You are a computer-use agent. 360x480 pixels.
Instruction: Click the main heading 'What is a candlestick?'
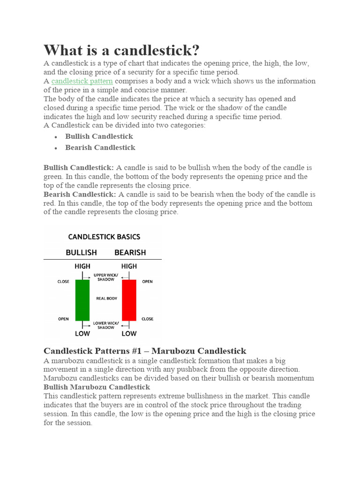121,50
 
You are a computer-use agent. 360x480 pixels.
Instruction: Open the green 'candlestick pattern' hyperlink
82,81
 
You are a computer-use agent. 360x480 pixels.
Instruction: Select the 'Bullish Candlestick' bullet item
99,136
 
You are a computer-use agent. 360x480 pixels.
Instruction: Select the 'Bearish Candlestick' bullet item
100,148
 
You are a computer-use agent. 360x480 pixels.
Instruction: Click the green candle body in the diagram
82,300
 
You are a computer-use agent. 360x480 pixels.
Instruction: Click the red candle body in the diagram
129,300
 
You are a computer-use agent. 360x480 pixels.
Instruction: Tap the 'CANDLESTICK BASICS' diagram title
104,237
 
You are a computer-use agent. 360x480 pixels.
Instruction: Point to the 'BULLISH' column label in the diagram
81,253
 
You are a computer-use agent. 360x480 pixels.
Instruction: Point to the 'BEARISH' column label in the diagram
130,253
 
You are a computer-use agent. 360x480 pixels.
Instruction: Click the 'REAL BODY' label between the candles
106,299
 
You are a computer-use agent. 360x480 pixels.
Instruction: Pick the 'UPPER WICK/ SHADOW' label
106,277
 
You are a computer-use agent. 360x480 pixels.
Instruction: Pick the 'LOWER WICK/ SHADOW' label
106,325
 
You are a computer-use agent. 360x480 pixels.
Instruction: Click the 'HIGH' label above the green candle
82,266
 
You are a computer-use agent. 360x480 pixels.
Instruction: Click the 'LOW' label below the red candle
129,334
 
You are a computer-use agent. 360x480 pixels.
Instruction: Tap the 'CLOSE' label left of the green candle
63,282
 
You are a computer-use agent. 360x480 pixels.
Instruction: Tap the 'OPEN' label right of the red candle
147,282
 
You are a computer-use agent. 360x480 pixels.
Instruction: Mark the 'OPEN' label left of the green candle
63,319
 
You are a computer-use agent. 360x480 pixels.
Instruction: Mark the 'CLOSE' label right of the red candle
147,319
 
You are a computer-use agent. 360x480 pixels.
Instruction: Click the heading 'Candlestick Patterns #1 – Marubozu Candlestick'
144,351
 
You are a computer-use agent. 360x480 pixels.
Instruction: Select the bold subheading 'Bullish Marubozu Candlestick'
97,387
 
